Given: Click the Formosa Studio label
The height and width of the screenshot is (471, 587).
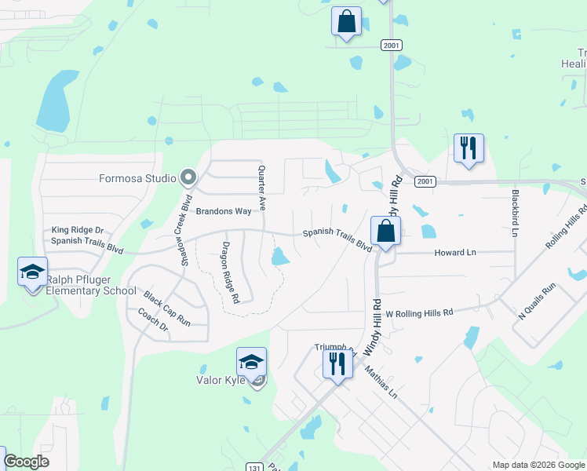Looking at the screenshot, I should tap(137, 178).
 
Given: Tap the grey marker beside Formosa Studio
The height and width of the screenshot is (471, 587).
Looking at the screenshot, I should tap(188, 177).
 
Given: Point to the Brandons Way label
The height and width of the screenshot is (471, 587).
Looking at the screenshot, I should tap(223, 211).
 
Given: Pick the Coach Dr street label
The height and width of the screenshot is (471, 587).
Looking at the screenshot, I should tap(153, 319).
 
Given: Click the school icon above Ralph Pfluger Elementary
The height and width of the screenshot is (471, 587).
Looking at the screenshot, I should tap(32, 273).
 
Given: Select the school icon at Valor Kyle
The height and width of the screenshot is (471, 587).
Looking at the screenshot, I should tap(251, 362).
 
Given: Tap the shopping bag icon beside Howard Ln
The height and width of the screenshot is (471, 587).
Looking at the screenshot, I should tap(385, 232).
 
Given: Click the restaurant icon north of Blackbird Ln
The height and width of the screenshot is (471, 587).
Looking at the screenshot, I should tap(468, 148).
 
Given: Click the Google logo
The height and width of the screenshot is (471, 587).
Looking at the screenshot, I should tap(27, 462).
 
